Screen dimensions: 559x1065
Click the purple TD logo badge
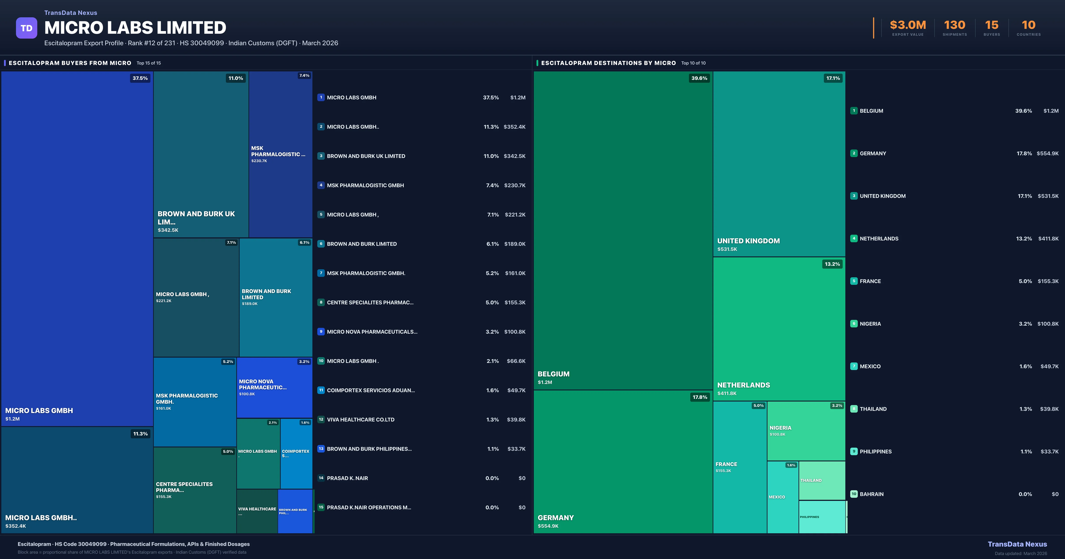click(x=26, y=28)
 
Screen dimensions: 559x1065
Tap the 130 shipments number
click(x=954, y=25)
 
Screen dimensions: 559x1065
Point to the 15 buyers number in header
click(x=991, y=25)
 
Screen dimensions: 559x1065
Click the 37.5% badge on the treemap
click(x=140, y=78)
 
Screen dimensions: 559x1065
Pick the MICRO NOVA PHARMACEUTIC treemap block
click(x=274, y=387)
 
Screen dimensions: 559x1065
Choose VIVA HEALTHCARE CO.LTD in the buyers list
click(x=361, y=420)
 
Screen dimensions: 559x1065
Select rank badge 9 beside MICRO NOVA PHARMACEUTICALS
click(x=321, y=332)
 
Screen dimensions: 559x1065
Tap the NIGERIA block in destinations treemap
click(x=806, y=431)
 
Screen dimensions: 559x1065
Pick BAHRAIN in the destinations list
click(x=872, y=494)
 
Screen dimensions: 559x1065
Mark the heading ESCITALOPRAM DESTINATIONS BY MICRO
click(x=608, y=63)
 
